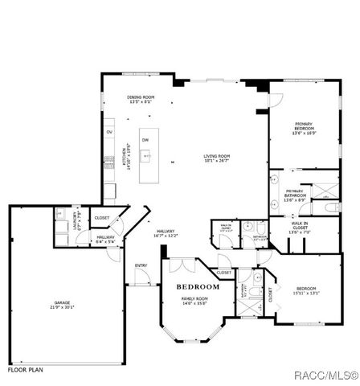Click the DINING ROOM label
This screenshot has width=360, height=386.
[x=141, y=100]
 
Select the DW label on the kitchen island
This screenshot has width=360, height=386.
[x=145, y=140]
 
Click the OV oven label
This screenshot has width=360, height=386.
[x=109, y=131]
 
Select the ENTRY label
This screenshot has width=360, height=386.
[x=141, y=265]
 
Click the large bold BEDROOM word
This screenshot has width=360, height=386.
[x=198, y=287]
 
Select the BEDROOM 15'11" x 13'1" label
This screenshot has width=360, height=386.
[x=307, y=290]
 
